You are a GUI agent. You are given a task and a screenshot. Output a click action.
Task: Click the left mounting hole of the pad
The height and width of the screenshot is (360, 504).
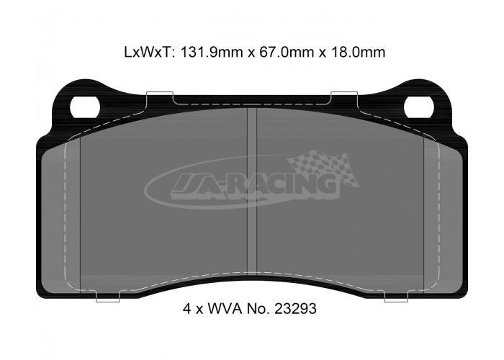(84, 107)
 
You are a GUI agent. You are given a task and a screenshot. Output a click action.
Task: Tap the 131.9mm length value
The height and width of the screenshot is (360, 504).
(212, 52)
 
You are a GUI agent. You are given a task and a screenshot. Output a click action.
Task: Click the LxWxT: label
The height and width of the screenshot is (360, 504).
(150, 52)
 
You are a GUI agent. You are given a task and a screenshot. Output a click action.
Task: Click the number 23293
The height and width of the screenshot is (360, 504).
(295, 309)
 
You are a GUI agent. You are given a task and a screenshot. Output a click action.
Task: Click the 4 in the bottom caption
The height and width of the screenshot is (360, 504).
(186, 309)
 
